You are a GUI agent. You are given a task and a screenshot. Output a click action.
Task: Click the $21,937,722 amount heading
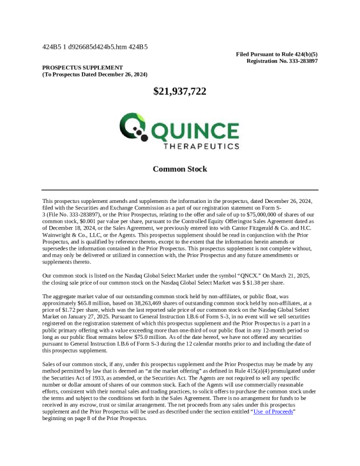point(179,91)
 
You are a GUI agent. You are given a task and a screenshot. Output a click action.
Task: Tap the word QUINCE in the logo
point(192,127)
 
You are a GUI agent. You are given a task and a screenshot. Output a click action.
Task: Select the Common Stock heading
point(179,169)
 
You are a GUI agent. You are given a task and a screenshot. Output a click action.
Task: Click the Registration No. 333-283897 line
point(282,61)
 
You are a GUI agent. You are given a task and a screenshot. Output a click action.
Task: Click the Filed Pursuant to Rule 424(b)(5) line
point(277,54)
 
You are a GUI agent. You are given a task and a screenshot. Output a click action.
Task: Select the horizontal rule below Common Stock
point(179,190)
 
